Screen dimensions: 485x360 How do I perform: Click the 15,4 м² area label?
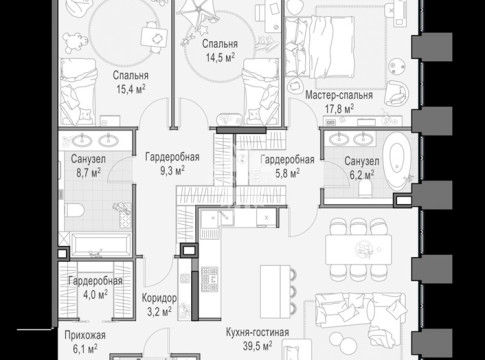click(x=131, y=89)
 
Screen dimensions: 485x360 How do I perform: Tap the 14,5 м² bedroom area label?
click(x=220, y=57)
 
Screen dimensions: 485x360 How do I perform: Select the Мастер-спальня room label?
click(x=339, y=95)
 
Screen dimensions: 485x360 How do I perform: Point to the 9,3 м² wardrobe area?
click(x=172, y=171)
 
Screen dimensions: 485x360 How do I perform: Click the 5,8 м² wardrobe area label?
click(x=287, y=173)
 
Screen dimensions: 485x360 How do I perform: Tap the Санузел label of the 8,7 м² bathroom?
click(x=88, y=159)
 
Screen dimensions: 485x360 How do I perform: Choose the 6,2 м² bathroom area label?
click(x=361, y=175)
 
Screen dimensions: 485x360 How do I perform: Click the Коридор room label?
click(x=159, y=298)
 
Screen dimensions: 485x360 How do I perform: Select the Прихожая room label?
click(x=85, y=335)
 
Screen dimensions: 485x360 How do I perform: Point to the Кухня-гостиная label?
click(x=257, y=332)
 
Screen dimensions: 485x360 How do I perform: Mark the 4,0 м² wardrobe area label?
click(x=95, y=294)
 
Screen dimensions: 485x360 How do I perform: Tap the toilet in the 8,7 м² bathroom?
click(x=75, y=210)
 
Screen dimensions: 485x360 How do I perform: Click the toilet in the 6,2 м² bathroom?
click(x=365, y=191)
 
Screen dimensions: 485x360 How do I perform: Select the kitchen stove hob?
click(x=210, y=279)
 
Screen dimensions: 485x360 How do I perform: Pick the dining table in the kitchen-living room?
click(x=358, y=250)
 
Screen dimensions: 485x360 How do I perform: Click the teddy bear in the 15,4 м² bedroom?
click(x=75, y=42)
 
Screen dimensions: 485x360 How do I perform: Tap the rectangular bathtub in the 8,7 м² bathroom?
click(x=101, y=245)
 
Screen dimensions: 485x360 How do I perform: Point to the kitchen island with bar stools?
click(x=276, y=292)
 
